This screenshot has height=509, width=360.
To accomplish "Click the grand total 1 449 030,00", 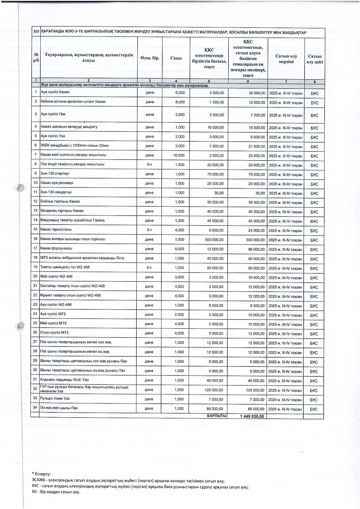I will pyautogui.click(x=252, y=416).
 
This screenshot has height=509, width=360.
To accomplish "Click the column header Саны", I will pyautogui.click(x=176, y=58).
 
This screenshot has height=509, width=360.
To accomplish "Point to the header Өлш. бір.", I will pyautogui.click(x=150, y=58).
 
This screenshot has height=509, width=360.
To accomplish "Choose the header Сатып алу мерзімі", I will pyautogui.click(x=286, y=59).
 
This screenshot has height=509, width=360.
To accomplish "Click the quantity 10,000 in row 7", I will pyautogui.click(x=179, y=156).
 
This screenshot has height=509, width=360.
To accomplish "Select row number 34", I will pyautogui.click(x=35, y=408).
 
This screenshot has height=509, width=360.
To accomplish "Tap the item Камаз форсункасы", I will pyautogui.click(x=57, y=248).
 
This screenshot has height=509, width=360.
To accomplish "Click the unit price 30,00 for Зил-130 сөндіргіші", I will pyautogui.click(x=219, y=193).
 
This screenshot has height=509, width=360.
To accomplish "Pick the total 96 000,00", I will pyautogui.click(x=255, y=249).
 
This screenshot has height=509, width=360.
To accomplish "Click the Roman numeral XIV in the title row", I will pyautogui.click(x=37, y=32).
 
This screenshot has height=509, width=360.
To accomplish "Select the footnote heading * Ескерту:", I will pyautogui.click(x=41, y=474).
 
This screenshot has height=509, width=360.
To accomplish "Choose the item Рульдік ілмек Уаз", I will pyautogui.click(x=55, y=398).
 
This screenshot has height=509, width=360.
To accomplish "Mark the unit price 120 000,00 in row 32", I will pyautogui.click(x=214, y=390).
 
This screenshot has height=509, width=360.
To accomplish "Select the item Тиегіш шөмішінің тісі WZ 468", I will pyautogui.click(x=65, y=267).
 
